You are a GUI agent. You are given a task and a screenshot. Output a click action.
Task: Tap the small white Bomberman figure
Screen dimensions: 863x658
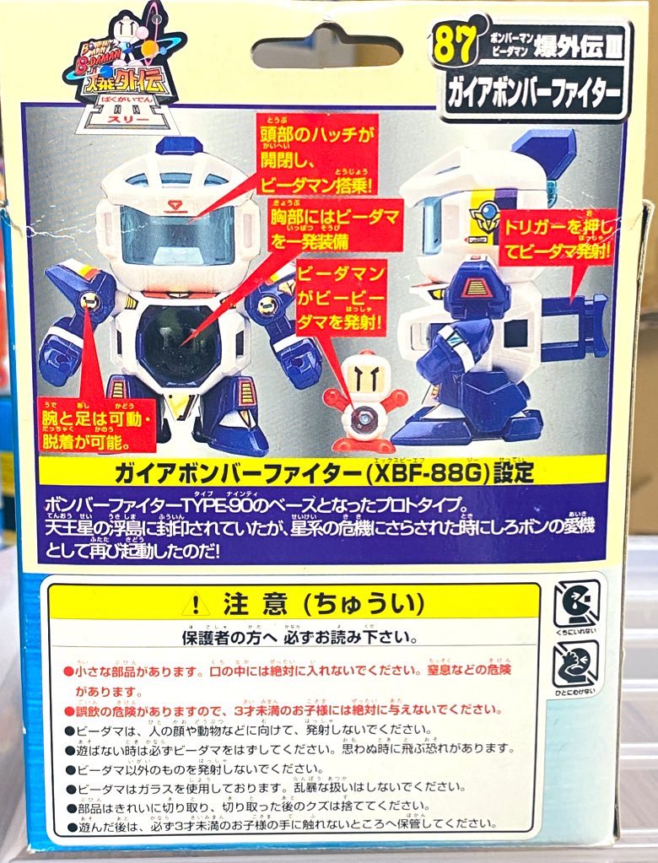click(364, 401)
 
